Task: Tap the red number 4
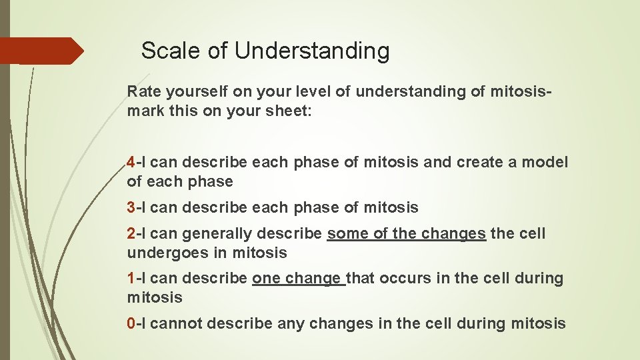131,163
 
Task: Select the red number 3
131,208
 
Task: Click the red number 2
131,234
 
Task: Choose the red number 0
131,324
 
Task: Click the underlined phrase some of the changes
406,234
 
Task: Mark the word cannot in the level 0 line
177,324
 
